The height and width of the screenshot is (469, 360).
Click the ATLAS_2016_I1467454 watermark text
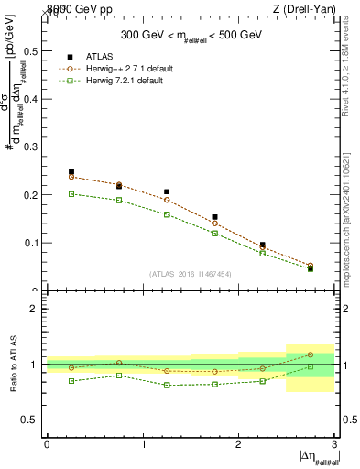pos(190,273)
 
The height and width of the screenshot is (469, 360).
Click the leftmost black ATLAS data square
pos(71,172)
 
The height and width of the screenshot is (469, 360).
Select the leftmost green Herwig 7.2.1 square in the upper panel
pos(71,194)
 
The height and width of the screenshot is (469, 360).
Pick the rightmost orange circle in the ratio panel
pos(311,354)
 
